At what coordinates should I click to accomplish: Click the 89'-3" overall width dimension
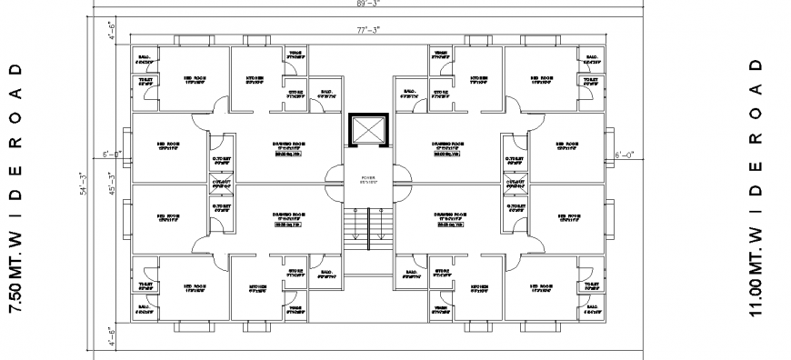[x=368, y=4]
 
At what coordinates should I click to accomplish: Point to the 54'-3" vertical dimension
[x=82, y=184]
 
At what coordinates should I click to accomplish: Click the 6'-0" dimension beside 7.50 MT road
[x=111, y=155]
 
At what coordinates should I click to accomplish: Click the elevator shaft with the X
[x=368, y=132]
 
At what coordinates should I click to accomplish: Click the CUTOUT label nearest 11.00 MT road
[x=515, y=183]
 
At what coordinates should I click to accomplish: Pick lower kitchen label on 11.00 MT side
[x=479, y=288]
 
